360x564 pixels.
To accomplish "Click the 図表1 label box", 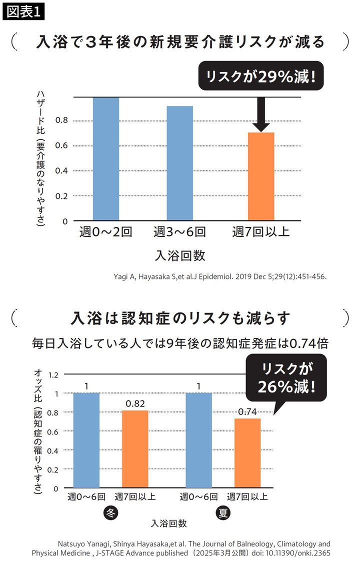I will pos(23,12).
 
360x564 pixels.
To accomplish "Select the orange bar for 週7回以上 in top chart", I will pos(261,176).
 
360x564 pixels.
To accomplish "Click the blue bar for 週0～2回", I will pos(105,159).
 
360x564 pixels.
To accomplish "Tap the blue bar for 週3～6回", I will pos(179,163).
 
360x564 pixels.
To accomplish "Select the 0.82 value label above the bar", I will pos(135,403).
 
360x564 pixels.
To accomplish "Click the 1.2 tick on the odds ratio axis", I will pos(53,374).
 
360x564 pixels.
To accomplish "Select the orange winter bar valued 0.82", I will pos(135,448).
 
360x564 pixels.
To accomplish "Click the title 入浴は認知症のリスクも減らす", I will pos(180,318).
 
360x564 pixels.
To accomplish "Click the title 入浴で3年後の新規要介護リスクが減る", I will pos(180,42).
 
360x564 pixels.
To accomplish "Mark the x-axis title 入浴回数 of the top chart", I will pos(180,255).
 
